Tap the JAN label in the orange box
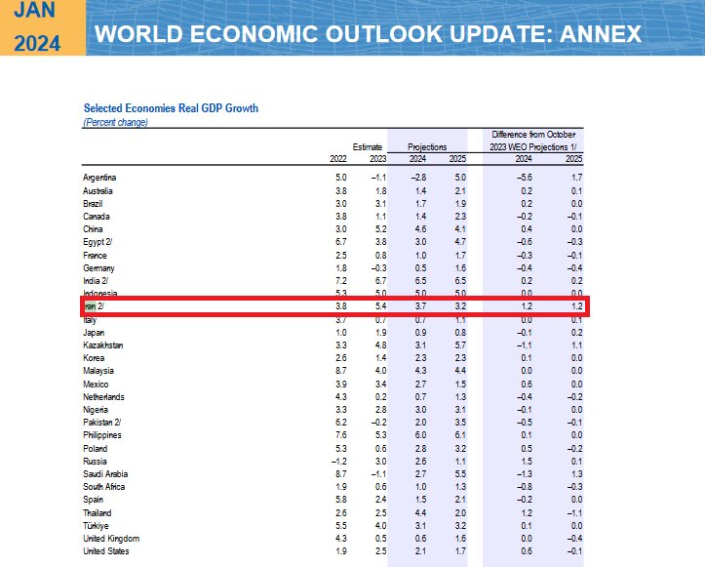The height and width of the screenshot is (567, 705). [36, 12]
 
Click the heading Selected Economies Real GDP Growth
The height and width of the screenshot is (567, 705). [171, 108]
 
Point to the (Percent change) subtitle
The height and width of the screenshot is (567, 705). [115, 123]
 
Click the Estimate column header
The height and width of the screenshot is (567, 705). [368, 146]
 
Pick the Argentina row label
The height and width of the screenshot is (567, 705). [100, 177]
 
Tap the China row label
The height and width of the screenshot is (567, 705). [95, 229]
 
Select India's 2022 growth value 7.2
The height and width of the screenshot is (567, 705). [340, 279]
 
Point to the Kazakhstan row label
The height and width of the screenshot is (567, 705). [103, 344]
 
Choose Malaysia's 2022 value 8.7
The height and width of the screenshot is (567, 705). [340, 371]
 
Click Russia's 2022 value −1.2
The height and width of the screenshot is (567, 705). [338, 460]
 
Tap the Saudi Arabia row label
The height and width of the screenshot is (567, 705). [106, 472]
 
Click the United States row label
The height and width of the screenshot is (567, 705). [107, 551]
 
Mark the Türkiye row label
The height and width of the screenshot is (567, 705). [97, 525]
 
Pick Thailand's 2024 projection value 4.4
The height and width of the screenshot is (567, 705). [417, 512]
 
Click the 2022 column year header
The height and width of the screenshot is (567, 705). [338, 159]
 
